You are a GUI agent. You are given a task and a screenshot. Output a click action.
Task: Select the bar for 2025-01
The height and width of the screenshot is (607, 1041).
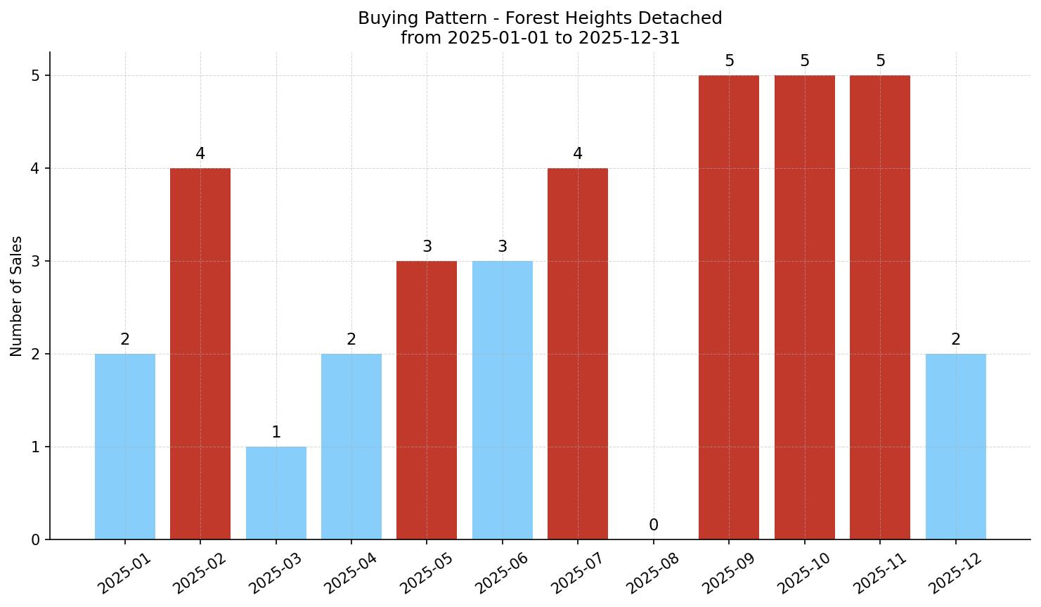(125, 446)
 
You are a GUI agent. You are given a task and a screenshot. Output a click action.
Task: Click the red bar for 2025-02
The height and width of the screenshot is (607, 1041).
(200, 353)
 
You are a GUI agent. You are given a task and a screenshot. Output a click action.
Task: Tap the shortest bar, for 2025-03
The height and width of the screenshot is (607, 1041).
(276, 492)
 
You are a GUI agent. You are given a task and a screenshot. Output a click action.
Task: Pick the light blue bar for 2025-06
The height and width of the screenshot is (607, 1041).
(502, 400)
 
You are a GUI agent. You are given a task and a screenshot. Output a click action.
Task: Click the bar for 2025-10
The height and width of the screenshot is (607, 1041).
(804, 307)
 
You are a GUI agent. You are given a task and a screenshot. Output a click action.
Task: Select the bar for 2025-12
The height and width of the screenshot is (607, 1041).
(955, 446)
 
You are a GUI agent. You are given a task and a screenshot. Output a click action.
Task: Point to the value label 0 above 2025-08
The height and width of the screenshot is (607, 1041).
(653, 525)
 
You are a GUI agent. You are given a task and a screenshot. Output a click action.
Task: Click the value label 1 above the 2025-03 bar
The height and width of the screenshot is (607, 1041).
(276, 433)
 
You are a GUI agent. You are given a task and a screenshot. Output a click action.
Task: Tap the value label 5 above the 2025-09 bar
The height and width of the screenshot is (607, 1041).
(729, 61)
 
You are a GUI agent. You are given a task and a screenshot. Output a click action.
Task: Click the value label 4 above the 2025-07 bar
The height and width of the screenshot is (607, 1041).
(577, 154)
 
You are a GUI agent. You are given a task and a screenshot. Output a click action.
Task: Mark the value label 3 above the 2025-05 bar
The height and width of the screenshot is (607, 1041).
(427, 247)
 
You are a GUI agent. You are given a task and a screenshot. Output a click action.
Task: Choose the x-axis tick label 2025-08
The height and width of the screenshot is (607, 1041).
(652, 573)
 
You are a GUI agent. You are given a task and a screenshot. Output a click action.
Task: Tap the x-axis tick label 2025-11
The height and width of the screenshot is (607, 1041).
(879, 573)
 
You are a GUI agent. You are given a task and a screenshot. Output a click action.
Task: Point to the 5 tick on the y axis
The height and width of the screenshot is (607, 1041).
(35, 75)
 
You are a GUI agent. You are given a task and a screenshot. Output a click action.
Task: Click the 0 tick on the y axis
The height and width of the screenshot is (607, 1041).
(35, 539)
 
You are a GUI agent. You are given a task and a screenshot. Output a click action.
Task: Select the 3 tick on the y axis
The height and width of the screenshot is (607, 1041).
(35, 261)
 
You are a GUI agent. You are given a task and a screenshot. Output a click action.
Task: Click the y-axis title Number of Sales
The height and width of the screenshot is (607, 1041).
(17, 296)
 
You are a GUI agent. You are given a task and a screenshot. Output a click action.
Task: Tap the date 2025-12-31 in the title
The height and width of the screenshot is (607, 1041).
(628, 38)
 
